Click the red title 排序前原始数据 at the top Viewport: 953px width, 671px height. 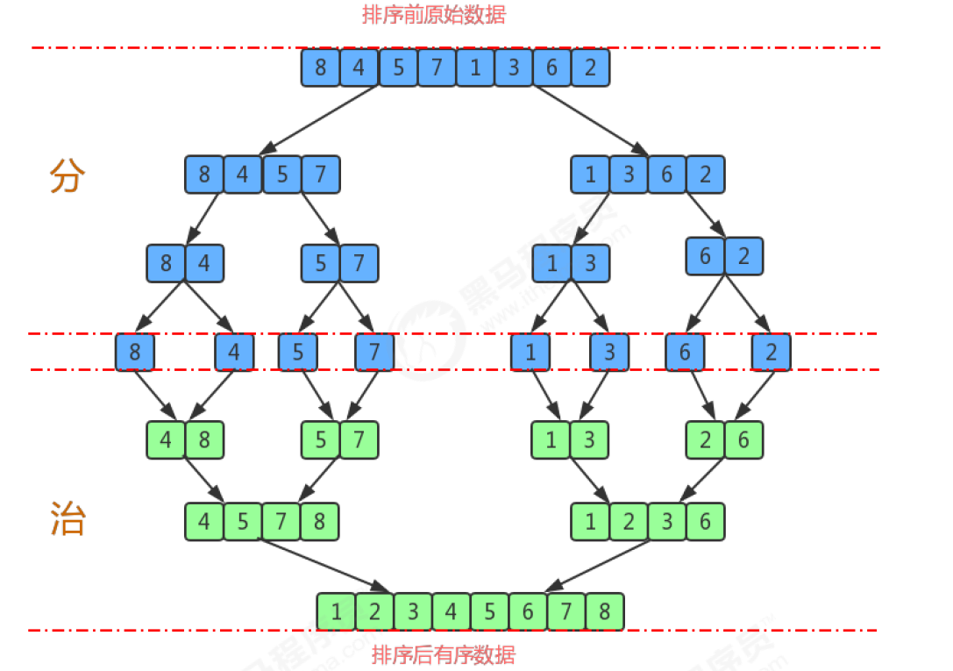[x=434, y=15]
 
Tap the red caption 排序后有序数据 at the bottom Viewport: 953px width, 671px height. [x=444, y=654]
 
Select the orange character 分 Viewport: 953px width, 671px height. [x=68, y=176]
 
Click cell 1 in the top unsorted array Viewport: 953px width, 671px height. [x=475, y=68]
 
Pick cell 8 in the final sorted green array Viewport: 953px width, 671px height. [x=604, y=611]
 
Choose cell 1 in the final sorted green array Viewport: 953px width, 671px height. [x=337, y=611]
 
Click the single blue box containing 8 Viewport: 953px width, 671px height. [x=134, y=353]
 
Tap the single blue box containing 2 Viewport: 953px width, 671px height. [x=771, y=353]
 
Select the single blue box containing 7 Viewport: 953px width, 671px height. [x=374, y=353]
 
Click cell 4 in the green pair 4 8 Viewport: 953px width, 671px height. [x=166, y=439]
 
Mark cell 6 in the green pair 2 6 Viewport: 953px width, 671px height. [x=743, y=439]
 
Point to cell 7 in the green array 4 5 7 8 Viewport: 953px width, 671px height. [x=281, y=522]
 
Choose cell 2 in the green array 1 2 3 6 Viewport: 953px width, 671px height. [x=629, y=522]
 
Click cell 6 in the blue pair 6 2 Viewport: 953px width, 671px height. [x=705, y=256]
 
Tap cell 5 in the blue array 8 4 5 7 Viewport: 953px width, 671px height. [x=281, y=175]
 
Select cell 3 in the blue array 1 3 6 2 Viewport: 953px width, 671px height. [x=629, y=175]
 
